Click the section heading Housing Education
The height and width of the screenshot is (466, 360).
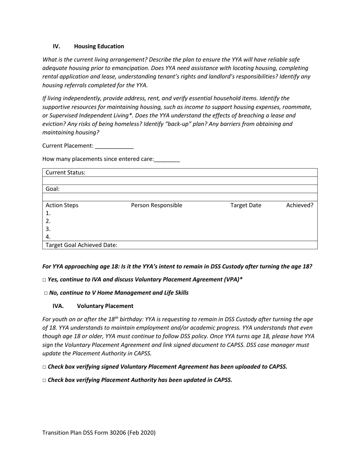tap(99, 46)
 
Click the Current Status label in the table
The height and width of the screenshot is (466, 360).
tap(66, 173)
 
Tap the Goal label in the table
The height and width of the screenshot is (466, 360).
tap(53, 189)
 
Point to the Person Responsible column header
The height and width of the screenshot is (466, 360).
tap(157, 205)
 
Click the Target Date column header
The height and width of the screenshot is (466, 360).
tap(246, 205)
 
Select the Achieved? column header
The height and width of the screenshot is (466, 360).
tap(299, 205)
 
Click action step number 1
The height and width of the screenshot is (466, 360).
tap(48, 213)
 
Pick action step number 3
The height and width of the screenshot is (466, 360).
tap(48, 229)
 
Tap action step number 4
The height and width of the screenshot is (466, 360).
tap(48, 237)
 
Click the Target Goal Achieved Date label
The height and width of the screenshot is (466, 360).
tap(81, 245)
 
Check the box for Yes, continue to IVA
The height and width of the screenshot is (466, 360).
tap(44, 280)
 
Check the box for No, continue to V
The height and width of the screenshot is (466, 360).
tap(46, 293)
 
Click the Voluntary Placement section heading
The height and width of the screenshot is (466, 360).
tap(105, 306)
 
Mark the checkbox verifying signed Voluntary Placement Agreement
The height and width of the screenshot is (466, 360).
tap(44, 367)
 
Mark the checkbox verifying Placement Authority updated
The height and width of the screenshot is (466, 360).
tap(44, 380)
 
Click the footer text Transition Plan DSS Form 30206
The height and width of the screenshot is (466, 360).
tap(99, 433)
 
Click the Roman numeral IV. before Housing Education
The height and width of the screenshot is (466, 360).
tap(56, 46)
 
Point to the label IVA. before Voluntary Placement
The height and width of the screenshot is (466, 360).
tap(58, 306)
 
